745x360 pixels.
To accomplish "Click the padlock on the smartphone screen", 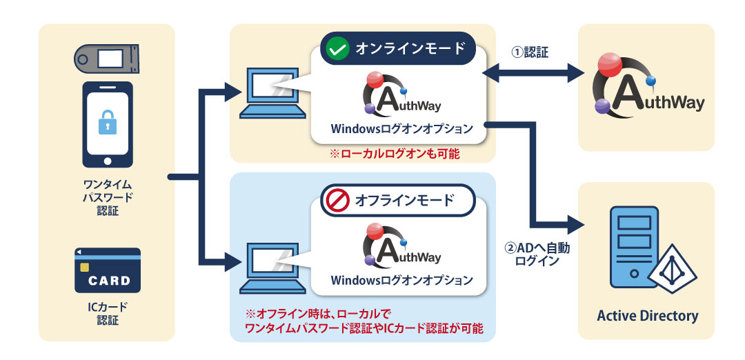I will [x=107, y=123].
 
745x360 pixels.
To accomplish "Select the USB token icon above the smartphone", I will [x=107, y=59].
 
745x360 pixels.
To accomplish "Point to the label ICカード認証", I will [x=108, y=314].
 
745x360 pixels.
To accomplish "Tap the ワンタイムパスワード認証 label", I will [x=108, y=197].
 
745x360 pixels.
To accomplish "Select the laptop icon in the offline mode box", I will [x=270, y=265].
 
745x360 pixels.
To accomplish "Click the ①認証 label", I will [x=529, y=52].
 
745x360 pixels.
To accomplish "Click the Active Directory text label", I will [x=647, y=316].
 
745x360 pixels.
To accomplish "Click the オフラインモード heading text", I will [x=405, y=201].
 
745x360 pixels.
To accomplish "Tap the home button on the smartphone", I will [x=107, y=161].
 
